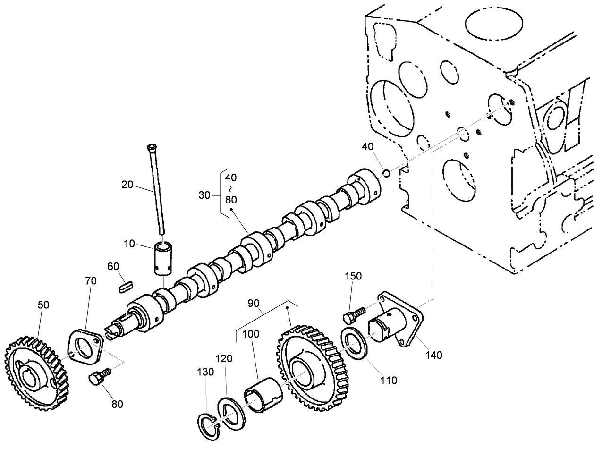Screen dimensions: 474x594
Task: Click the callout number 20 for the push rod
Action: pyautogui.click(x=127, y=185)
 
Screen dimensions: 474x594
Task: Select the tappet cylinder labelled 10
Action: pyautogui.click(x=164, y=259)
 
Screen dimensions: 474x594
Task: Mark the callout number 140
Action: pyautogui.click(x=433, y=355)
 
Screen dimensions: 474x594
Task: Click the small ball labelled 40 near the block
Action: pyautogui.click(x=386, y=174)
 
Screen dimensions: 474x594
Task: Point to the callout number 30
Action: pyautogui.click(x=204, y=195)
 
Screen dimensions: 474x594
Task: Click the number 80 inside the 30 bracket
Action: pyautogui.click(x=231, y=199)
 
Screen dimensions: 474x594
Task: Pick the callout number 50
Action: pyautogui.click(x=43, y=305)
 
